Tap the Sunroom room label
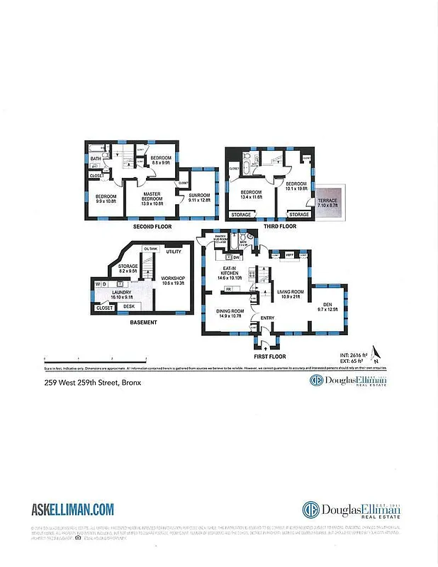coord(201,198)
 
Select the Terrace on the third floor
coord(327,203)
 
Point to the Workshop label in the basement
coord(172,281)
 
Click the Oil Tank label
coord(150,249)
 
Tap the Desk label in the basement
coord(129,307)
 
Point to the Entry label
coord(267,318)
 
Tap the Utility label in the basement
coord(174,252)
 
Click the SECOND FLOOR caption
coord(152,227)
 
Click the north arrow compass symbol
coord(376,352)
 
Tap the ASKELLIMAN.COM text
coord(73,508)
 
